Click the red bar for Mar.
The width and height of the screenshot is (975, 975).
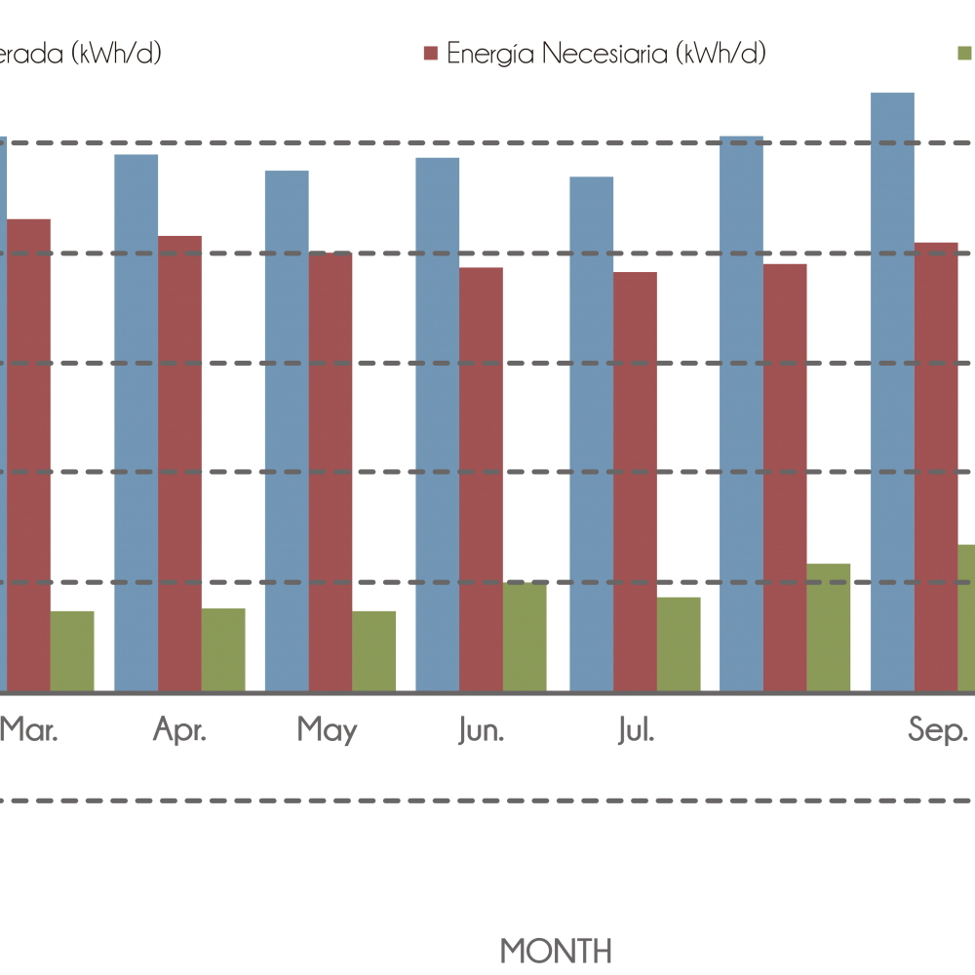pyautogui.click(x=28, y=454)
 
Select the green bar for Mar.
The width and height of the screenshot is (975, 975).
pyautogui.click(x=72, y=650)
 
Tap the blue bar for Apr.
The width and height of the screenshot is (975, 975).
pyautogui.click(x=136, y=422)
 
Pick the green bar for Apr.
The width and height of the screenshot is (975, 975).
pyautogui.click(x=223, y=649)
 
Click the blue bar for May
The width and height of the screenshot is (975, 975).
pyautogui.click(x=287, y=431)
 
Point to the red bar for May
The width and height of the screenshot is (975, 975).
pyautogui.click(x=331, y=472)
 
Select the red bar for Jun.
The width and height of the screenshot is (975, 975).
pyautogui.click(x=482, y=479)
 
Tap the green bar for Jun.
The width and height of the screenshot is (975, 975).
pyautogui.click(x=525, y=637)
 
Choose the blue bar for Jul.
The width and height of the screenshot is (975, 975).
pyautogui.click(x=592, y=434)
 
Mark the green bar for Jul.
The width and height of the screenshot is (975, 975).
pyautogui.click(x=679, y=643)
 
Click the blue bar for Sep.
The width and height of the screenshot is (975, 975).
pyautogui.click(x=892, y=392)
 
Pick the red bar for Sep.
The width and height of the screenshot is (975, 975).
pyautogui.click(x=936, y=466)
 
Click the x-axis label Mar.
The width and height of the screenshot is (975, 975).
pyautogui.click(x=29, y=730)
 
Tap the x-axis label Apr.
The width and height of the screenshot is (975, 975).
pyautogui.click(x=180, y=730)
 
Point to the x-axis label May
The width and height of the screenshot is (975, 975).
pyautogui.click(x=328, y=730)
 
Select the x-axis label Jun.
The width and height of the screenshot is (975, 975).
pyautogui.click(x=481, y=730)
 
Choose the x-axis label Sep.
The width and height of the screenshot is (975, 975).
pyautogui.click(x=938, y=730)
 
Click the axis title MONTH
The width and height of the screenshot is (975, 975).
pyautogui.click(x=557, y=949)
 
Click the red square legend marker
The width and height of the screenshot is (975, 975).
pyautogui.click(x=431, y=54)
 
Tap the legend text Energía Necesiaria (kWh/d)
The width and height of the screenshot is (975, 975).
pyautogui.click(x=606, y=54)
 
